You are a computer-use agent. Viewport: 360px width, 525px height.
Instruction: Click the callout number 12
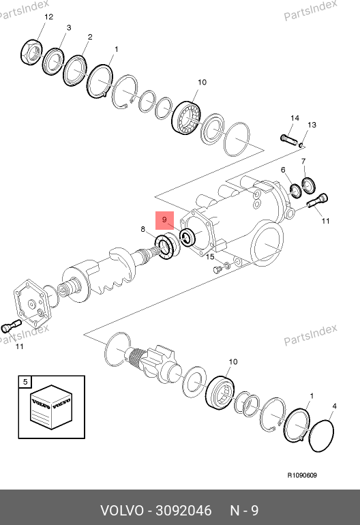tap(48, 17)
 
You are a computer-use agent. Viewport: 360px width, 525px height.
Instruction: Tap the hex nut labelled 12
tap(31, 52)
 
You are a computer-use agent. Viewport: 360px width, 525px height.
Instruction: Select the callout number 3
tap(69, 28)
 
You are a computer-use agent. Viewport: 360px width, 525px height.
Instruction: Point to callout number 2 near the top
tap(90, 37)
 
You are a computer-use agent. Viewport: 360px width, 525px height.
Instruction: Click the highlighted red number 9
tap(164, 220)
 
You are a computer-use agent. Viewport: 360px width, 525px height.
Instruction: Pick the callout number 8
tap(143, 229)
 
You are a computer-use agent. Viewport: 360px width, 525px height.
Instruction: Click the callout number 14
tap(295, 118)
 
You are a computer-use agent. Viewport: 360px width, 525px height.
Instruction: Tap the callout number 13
tap(312, 125)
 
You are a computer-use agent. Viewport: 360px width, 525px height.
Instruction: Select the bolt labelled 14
tap(288, 140)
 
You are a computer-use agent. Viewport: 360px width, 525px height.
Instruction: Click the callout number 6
tap(284, 170)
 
